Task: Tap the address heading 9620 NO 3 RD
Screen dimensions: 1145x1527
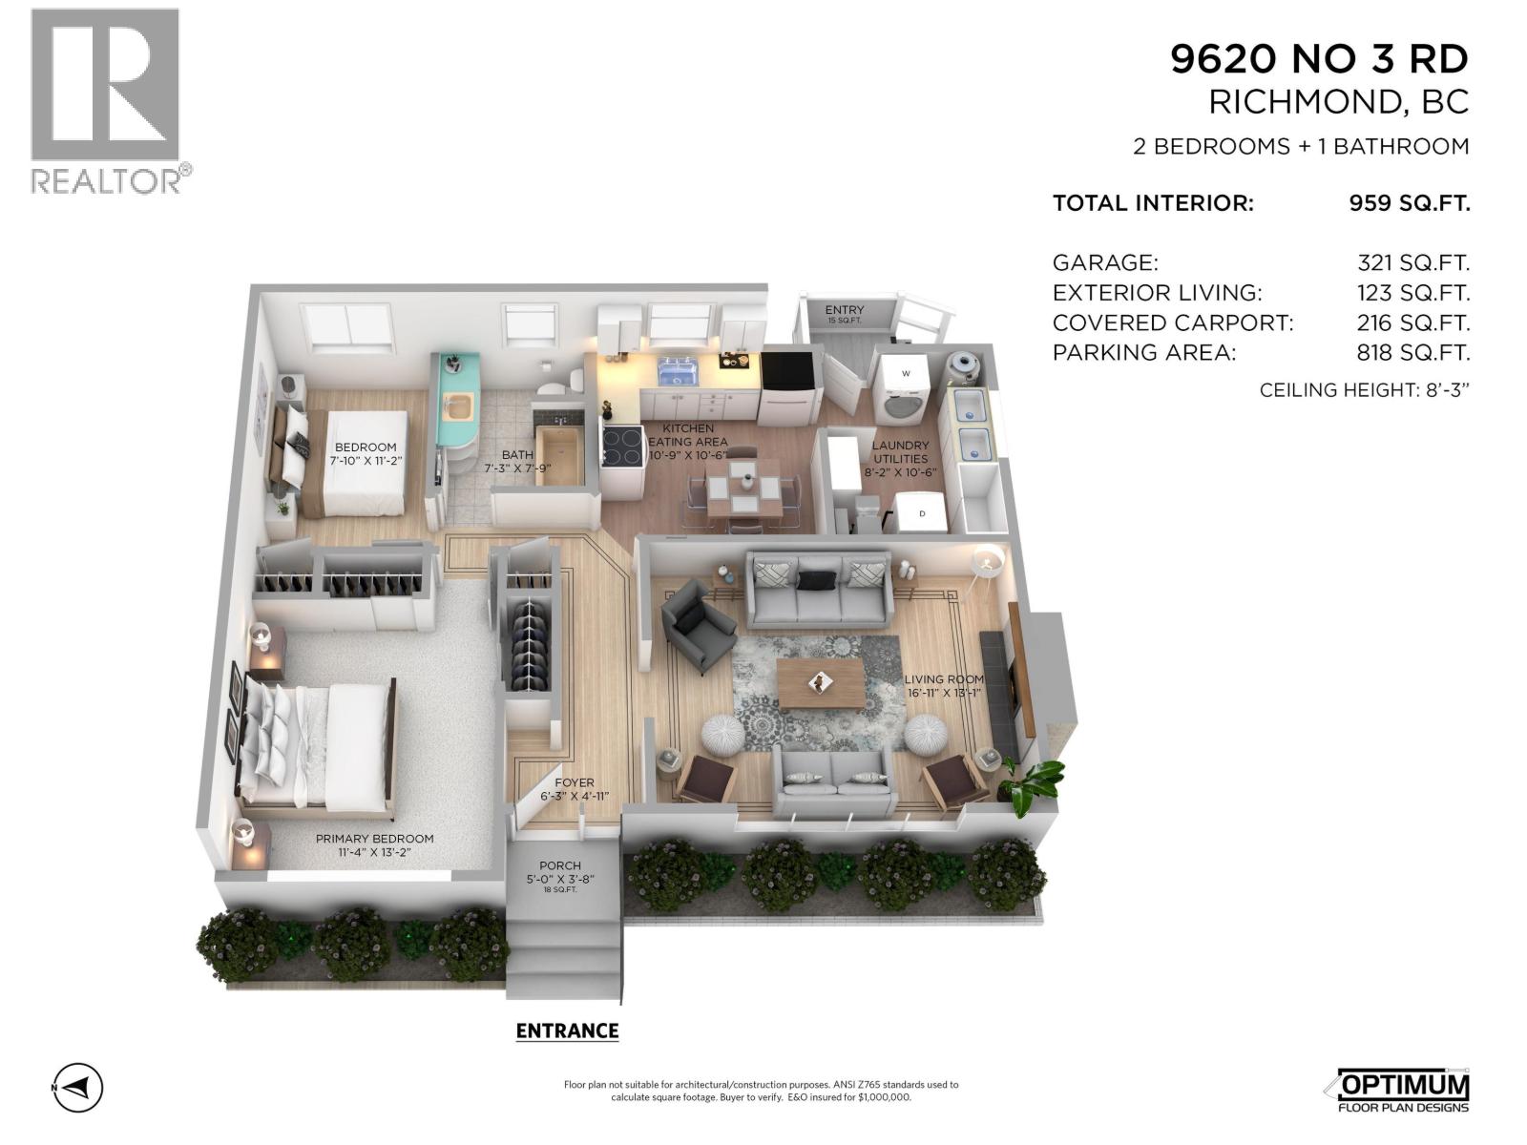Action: [1319, 60]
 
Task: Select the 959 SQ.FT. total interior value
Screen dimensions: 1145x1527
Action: [1409, 203]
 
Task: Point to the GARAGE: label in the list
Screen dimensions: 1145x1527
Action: [1105, 263]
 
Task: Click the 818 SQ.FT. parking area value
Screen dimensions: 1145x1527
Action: [1412, 353]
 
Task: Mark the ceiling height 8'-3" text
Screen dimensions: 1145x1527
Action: [1364, 390]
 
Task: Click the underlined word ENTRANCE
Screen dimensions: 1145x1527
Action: [567, 1031]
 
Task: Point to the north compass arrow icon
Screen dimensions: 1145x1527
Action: [78, 1087]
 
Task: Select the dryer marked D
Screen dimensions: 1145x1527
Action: [922, 513]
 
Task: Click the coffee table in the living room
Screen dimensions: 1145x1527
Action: [820, 681]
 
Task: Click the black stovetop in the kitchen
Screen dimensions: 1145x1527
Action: [622, 446]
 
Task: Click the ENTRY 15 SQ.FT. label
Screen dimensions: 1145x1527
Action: [845, 314]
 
